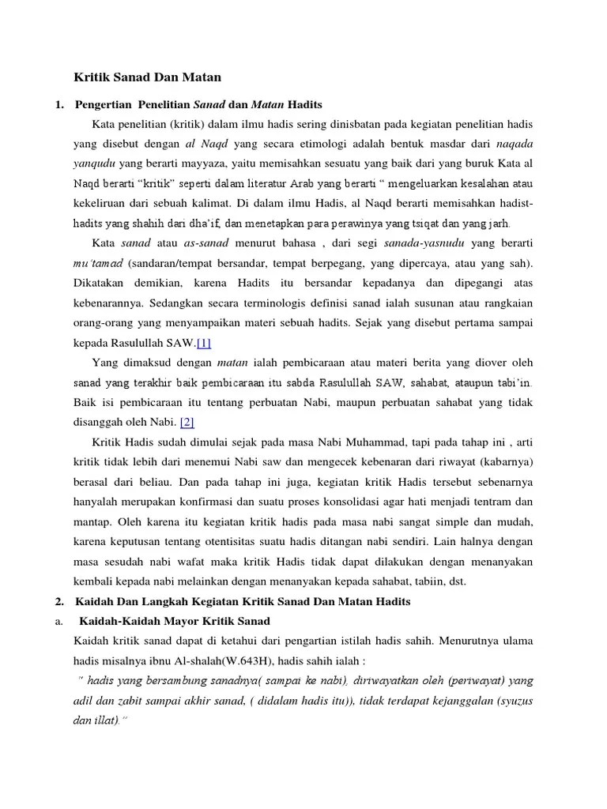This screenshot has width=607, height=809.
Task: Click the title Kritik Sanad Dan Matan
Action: [x=148, y=77]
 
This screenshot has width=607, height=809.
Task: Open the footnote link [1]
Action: [x=204, y=342]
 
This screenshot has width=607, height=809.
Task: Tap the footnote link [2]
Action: [x=187, y=423]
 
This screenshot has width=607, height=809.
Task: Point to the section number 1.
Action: [x=60, y=104]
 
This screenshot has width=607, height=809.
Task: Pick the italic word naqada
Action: [x=514, y=145]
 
